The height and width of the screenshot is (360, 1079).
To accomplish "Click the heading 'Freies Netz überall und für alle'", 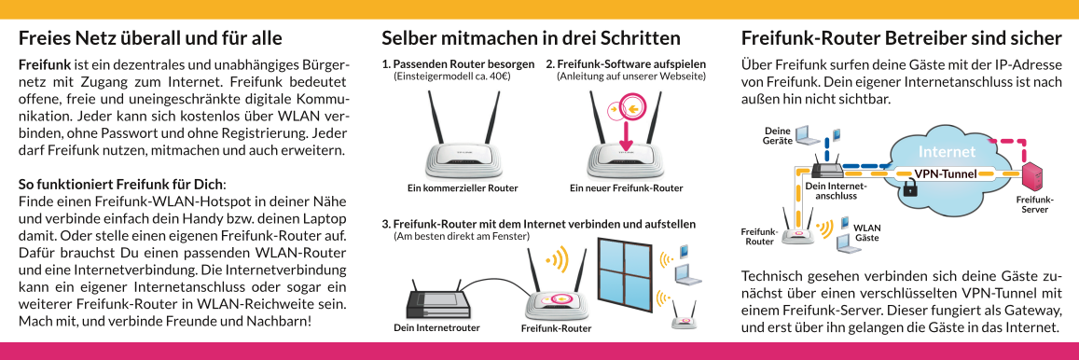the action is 150,38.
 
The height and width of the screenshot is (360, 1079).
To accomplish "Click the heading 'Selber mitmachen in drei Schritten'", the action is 531,37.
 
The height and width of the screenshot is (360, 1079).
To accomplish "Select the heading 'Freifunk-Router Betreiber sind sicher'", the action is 902,38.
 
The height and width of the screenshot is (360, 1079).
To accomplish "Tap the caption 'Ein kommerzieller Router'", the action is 463,187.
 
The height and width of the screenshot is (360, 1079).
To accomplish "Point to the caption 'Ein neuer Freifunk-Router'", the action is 626,187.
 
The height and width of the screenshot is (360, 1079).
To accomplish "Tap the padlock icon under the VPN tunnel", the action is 910,187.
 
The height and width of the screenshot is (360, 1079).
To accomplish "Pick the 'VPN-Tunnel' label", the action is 945,173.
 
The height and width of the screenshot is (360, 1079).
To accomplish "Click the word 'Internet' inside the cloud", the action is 947,151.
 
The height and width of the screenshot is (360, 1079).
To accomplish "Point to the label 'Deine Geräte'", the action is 778,135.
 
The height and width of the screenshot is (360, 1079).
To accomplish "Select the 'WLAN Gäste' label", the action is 866,232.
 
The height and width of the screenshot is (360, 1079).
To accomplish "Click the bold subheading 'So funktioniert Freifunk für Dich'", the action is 120,185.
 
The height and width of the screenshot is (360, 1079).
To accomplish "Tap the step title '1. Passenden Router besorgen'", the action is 458,64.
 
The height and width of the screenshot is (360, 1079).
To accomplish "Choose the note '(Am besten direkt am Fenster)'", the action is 461,236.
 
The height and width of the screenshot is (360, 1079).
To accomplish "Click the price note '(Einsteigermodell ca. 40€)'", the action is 451,76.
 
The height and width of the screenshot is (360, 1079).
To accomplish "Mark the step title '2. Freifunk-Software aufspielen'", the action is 626,64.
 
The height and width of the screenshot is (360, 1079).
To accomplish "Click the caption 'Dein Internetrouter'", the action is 437,327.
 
